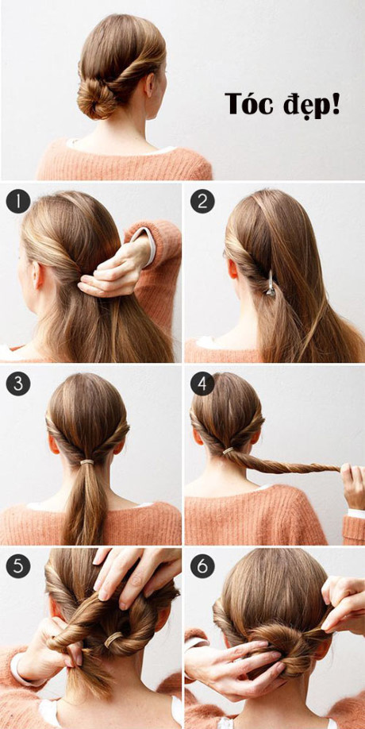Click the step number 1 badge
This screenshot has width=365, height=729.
tap(18, 202)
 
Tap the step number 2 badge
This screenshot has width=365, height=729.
tap(202, 202)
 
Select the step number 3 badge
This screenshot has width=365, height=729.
tap(18, 384)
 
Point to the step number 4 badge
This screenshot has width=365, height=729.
tap(202, 384)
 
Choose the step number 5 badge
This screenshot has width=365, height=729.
tap(18, 566)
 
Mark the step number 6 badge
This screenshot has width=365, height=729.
tap(202, 566)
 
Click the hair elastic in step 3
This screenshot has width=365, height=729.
tap(86, 462)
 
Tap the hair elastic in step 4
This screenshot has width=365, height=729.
tap(228, 450)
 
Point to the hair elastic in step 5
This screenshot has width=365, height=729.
tap(113, 639)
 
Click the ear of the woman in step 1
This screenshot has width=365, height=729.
tap(37, 276)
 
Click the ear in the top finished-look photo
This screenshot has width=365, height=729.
tap(149, 85)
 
